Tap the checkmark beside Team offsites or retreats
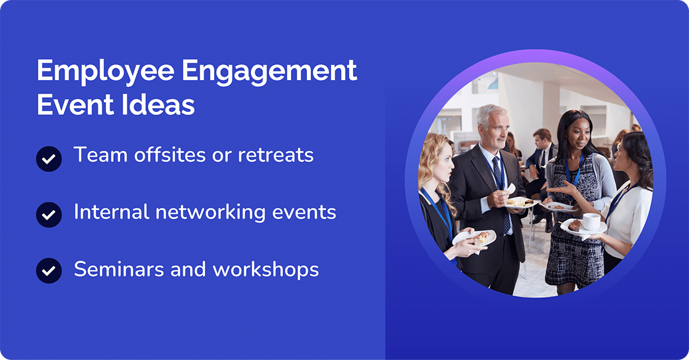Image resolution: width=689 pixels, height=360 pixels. click(49, 159)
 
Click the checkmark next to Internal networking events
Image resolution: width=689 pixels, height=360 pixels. click(49, 215)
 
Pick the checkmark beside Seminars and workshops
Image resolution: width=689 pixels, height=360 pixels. click(49, 271)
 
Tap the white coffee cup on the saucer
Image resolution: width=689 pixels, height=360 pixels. click(591, 222)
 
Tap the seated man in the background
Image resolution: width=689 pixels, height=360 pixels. click(542, 154)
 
